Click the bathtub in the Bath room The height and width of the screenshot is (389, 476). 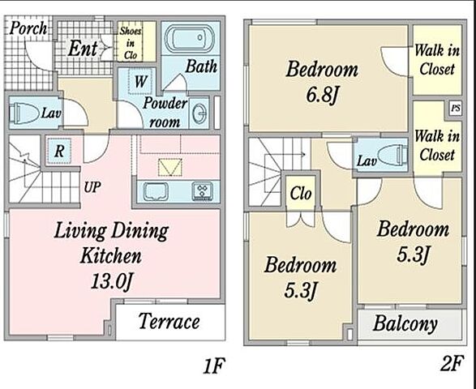190,38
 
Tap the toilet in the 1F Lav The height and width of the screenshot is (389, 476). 24,113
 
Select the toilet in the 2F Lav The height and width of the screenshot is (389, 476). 392,155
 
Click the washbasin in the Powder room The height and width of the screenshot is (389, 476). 199,113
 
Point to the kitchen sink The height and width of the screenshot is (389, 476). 156,191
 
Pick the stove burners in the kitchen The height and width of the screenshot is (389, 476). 202,191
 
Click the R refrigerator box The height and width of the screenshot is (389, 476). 59,151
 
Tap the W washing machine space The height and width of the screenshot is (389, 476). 140,81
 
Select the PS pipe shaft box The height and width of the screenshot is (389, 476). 456,109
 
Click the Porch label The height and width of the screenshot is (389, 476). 28,28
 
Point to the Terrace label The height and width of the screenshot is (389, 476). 169,322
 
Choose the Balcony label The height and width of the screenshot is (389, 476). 405,324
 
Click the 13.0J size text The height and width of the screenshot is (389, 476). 112,282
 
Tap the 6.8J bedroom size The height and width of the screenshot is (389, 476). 322,95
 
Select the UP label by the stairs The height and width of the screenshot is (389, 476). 92,187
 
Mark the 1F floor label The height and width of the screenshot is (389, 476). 214,366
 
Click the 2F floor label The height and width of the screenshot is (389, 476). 452,364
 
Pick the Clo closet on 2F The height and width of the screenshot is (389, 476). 301,194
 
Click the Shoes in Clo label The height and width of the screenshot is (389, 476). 131,43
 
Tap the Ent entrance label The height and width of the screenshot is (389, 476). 82,49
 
